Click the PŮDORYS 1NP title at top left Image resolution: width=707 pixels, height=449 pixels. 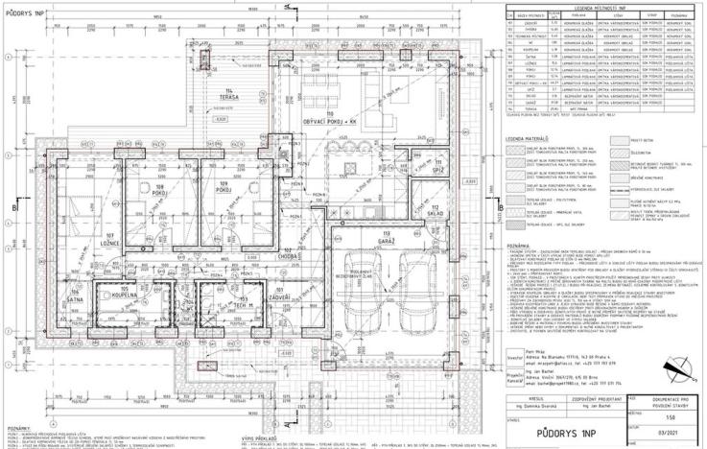[25, 14]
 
